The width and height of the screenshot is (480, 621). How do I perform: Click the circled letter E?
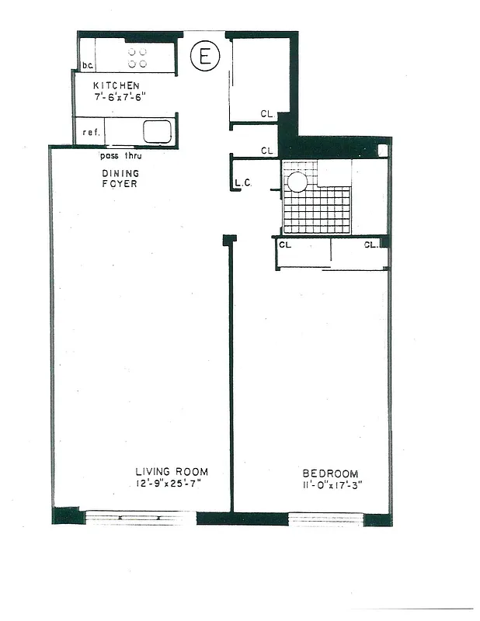[x=205, y=56]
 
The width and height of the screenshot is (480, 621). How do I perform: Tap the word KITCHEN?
[x=116, y=85]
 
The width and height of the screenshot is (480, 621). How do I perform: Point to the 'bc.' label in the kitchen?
[x=88, y=66]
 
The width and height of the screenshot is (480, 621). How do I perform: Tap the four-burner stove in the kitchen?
[x=137, y=57]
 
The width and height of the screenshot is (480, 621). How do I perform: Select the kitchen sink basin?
[x=157, y=131]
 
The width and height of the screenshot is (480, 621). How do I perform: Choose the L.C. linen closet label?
[x=242, y=184]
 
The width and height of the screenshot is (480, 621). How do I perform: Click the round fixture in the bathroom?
[x=297, y=182]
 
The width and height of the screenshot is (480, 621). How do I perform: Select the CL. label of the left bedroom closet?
[x=284, y=245]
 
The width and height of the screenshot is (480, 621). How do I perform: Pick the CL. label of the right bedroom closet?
[x=371, y=245]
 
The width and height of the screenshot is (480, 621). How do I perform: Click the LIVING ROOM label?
[x=172, y=471]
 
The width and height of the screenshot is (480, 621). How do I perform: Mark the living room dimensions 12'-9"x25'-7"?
[x=171, y=484]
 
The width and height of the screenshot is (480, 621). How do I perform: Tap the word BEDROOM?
[x=330, y=474]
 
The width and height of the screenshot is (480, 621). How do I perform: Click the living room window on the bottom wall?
[x=140, y=517]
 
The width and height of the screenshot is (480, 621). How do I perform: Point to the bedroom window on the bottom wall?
[x=326, y=518]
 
